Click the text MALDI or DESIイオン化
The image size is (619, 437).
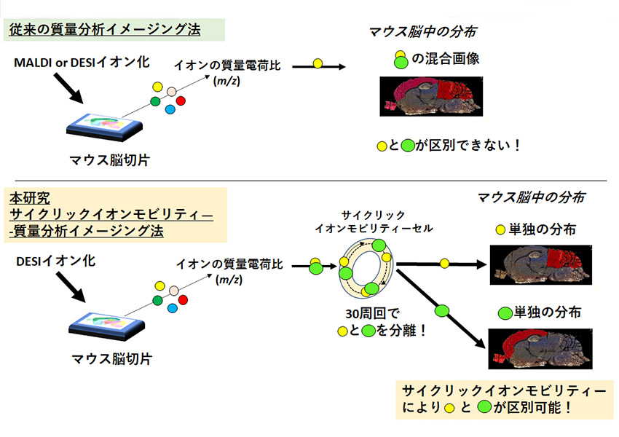(x=82, y=63)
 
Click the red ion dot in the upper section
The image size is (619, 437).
(x=181, y=100)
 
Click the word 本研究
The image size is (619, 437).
(x=30, y=197)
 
